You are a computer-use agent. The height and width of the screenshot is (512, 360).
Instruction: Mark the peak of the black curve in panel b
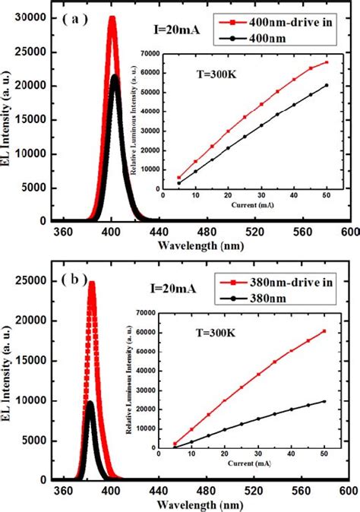coord(90,403)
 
